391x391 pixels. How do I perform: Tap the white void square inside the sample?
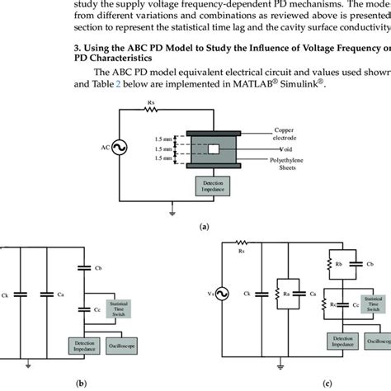[x=213, y=148]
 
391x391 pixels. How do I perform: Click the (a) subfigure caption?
[x=202, y=224]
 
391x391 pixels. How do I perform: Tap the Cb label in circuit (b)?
[x=99, y=267]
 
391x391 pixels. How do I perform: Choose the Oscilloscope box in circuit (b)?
[x=125, y=341]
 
